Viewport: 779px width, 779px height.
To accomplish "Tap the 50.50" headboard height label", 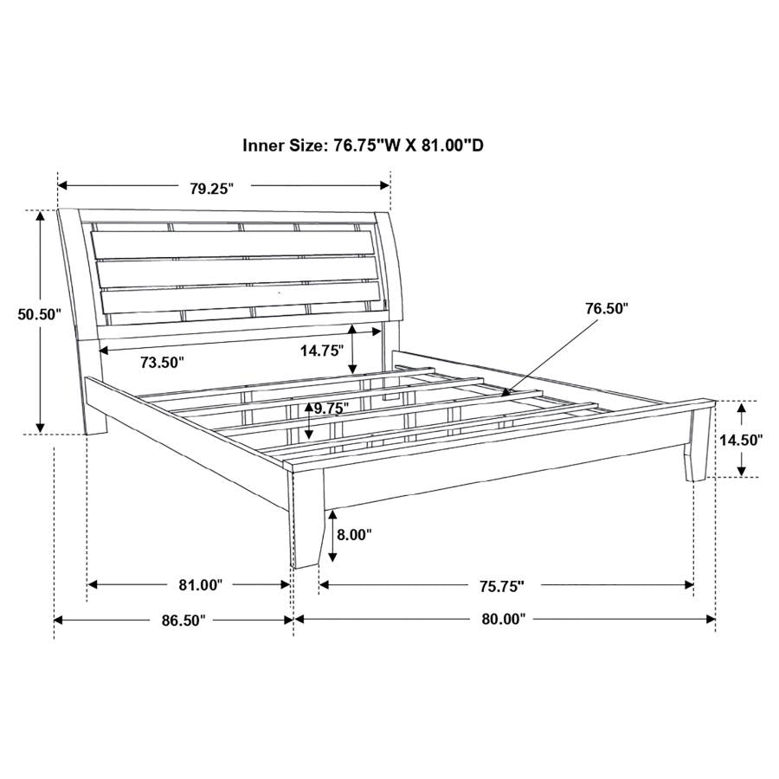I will pos(38,314).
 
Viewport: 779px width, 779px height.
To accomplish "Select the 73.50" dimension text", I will pos(162,363).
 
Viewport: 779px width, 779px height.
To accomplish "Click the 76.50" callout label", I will pos(606,308).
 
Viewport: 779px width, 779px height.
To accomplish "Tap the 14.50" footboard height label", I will pos(740,440).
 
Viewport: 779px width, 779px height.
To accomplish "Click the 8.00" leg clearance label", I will pos(353,535).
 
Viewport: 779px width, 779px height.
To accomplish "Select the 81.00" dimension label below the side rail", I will pos(201,586).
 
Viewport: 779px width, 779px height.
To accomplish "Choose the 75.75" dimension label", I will pos(501,587).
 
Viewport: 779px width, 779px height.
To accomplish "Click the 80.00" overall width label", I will pos(504,620).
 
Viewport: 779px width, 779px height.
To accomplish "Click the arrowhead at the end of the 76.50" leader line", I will pos(505,393).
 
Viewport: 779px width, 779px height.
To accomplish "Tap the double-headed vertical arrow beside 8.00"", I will pos(332,535).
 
